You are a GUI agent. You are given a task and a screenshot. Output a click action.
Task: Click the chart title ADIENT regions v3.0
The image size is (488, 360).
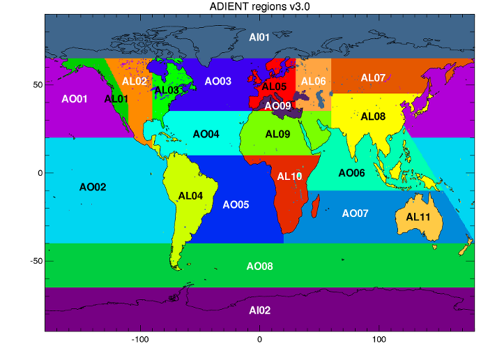tap(260, 7)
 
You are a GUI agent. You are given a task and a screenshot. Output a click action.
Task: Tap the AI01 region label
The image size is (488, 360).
tap(259, 35)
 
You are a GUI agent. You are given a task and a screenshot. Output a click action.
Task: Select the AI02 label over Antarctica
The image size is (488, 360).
tap(259, 310)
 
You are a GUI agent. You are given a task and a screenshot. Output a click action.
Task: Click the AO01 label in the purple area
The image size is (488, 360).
tap(75, 99)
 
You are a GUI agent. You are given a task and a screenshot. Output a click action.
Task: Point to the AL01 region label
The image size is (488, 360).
tap(116, 99)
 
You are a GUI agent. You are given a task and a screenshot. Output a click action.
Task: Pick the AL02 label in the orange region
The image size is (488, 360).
tap(135, 81)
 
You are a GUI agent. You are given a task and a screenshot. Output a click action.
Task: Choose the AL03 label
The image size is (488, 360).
tap(167, 90)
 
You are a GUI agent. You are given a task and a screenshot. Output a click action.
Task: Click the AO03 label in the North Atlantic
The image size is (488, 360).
tap(218, 82)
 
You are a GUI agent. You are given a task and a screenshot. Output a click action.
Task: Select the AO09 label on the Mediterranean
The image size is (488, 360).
tap(277, 105)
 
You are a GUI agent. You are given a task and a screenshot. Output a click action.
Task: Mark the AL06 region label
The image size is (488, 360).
tap(313, 82)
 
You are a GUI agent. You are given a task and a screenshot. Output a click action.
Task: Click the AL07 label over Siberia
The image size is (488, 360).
tap(373, 77)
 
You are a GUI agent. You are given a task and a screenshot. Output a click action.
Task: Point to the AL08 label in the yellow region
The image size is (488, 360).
tap(374, 117)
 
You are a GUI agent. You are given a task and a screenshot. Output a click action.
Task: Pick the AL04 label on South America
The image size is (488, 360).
tap(190, 196)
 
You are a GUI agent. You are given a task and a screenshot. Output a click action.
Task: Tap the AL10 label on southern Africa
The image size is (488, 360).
tap(290, 177)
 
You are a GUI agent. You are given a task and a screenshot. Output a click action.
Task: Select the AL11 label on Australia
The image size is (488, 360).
tap(418, 217)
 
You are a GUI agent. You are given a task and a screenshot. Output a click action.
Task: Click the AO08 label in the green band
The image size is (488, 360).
tap(259, 267)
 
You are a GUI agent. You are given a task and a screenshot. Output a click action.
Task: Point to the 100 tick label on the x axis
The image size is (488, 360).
tap(379, 340)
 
